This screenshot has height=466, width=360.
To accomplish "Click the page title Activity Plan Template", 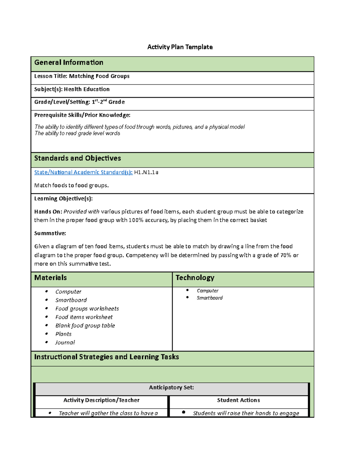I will [x=180, y=47].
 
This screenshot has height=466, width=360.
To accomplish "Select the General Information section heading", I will [x=69, y=62].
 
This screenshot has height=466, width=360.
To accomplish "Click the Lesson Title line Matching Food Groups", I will [x=82, y=76].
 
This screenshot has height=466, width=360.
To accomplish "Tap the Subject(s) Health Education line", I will [x=72, y=89].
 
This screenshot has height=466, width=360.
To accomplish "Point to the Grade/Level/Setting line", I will [x=79, y=102].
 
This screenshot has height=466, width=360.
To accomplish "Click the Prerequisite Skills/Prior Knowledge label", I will [x=82, y=115].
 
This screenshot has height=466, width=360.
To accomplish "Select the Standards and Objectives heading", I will [x=77, y=158].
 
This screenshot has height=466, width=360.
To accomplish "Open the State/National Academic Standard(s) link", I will [x=83, y=172].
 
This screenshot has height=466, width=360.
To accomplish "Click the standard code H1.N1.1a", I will [x=146, y=172].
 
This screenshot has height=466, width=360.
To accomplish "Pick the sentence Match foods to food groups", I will [x=71, y=185].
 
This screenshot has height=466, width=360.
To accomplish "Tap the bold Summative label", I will [x=50, y=233].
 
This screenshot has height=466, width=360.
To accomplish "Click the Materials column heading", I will [x=50, y=278].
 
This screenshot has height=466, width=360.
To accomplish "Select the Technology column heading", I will [x=195, y=278].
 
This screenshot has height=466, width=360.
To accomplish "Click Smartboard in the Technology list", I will [x=209, y=298].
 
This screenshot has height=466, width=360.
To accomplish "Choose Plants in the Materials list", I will [x=63, y=334].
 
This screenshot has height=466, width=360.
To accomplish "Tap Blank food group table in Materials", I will [x=85, y=326].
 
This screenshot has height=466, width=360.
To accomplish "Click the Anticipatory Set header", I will [x=171, y=387].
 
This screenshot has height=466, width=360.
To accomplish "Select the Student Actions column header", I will [x=238, y=400].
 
